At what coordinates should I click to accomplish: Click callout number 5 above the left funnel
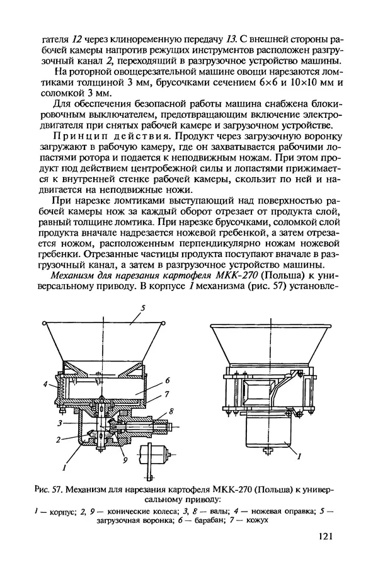pos(143,307)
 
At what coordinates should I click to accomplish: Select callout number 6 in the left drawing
pos(169,381)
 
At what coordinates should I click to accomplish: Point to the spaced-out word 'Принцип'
pos(79,135)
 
